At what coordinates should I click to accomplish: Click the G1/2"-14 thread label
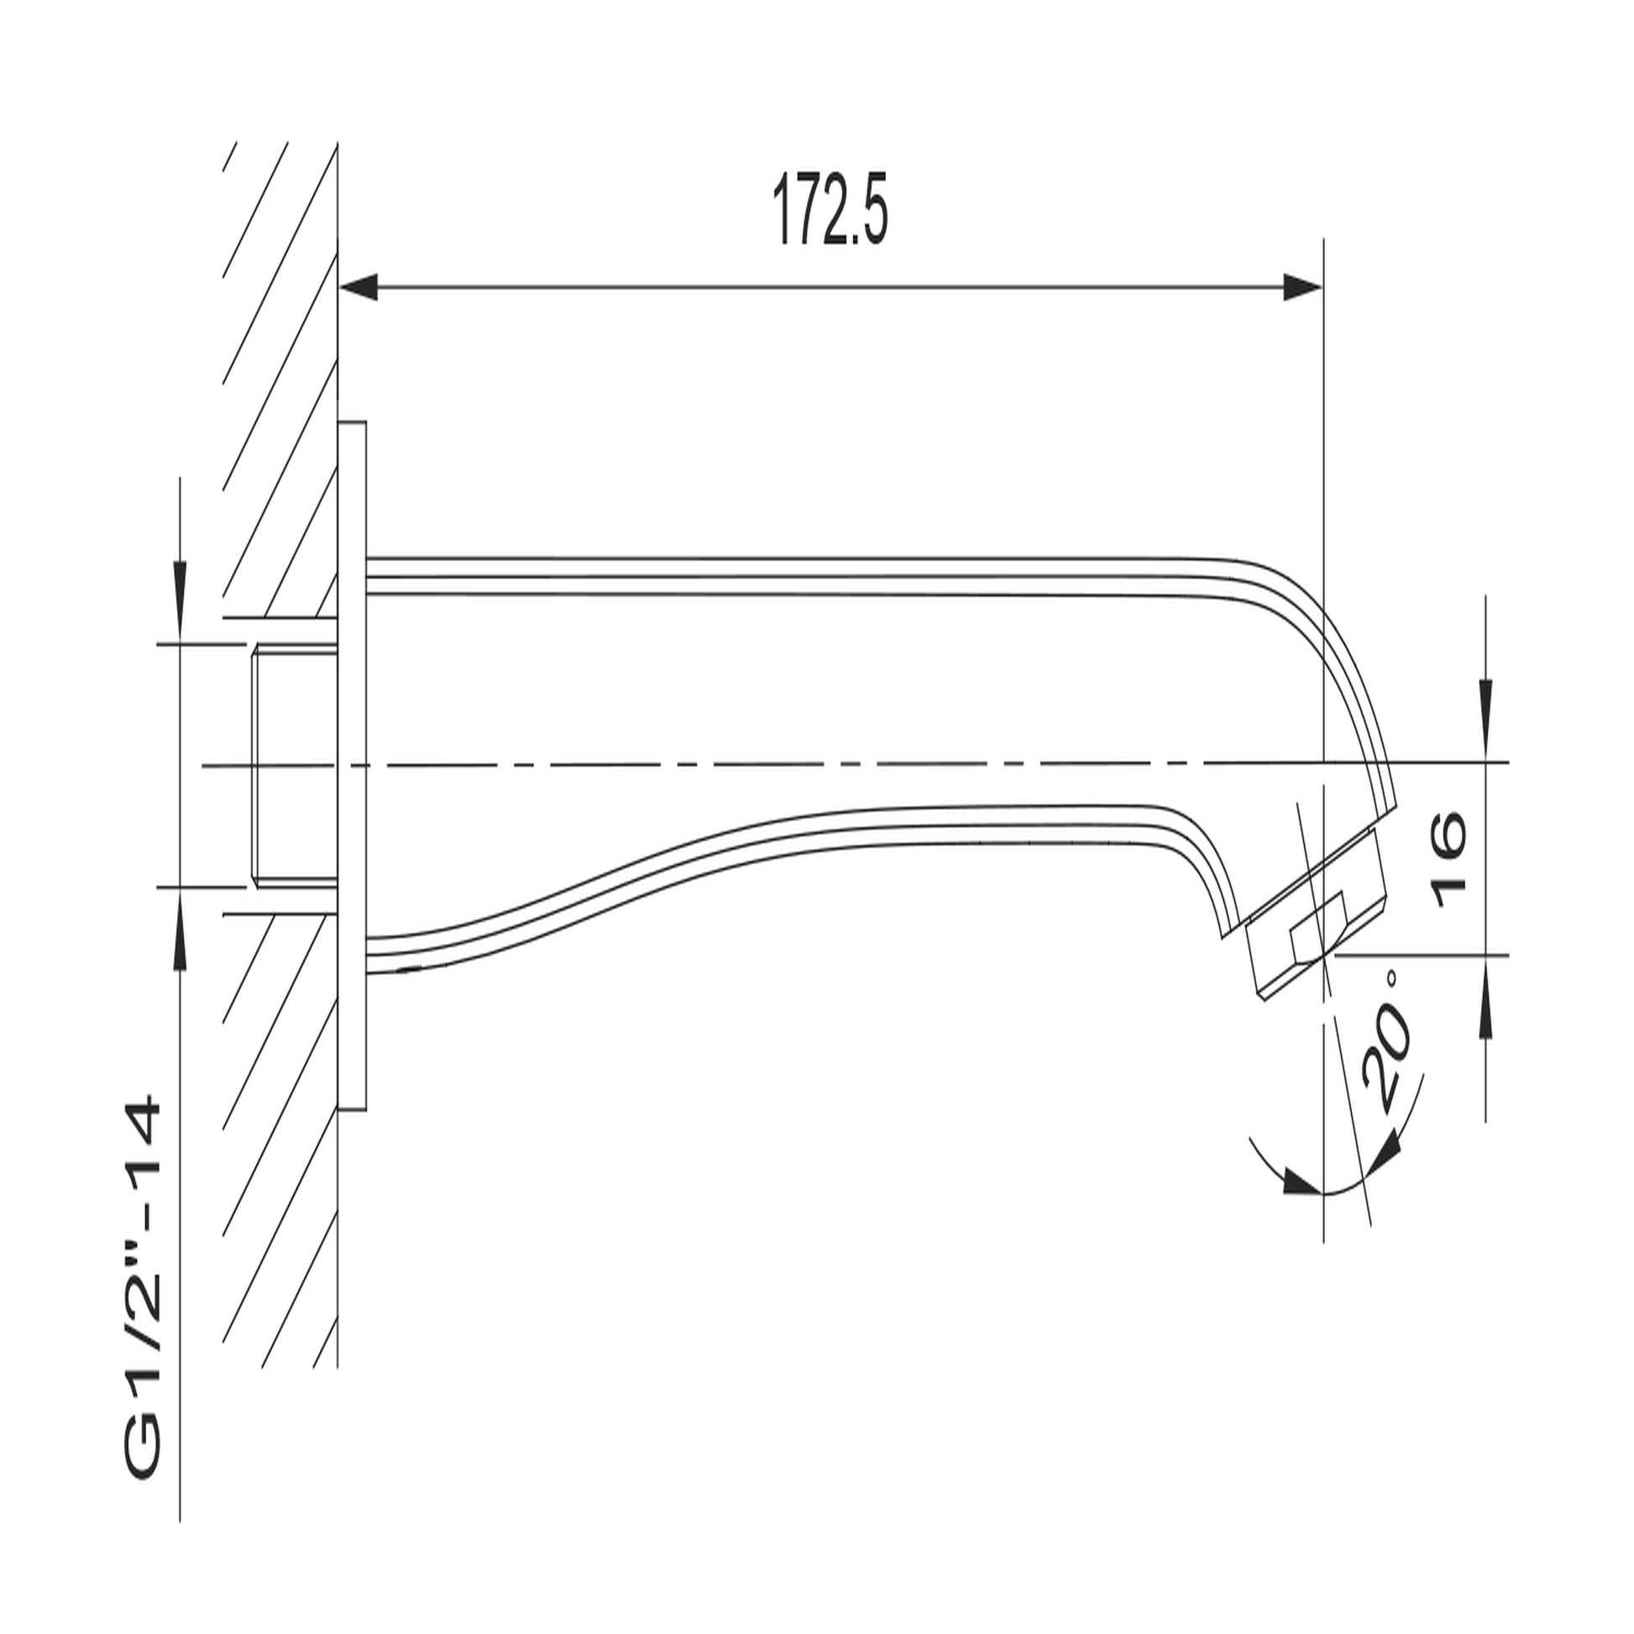click(x=141, y=1258)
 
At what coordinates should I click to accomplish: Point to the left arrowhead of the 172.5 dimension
click(x=358, y=287)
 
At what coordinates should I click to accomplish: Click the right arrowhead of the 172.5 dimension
click(x=1301, y=287)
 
